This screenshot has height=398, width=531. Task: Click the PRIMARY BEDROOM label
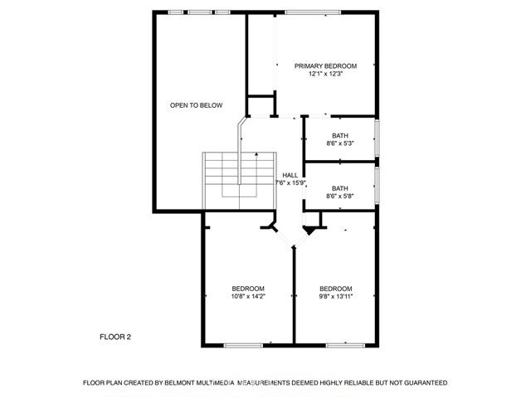(325, 66)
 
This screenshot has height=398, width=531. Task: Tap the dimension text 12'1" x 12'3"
(325, 74)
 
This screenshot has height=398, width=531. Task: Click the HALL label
(290, 175)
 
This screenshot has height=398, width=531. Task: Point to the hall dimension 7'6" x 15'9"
(290, 182)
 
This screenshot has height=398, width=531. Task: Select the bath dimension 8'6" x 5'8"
(340, 197)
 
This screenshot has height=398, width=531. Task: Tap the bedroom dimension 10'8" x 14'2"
(248, 296)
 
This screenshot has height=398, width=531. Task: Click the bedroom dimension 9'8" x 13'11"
(336, 296)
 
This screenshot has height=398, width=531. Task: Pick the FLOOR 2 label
(115, 337)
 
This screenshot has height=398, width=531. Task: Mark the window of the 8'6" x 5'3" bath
(378, 138)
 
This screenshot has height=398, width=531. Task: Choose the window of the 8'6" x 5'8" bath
(378, 189)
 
